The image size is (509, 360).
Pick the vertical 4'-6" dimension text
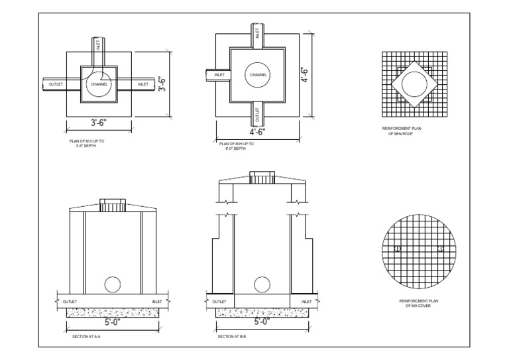[306, 74]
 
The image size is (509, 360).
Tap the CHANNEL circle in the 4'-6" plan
[258, 75]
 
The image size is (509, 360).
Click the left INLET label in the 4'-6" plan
[219, 75]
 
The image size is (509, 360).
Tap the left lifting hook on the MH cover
[396, 249]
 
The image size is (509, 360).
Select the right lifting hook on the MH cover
[440, 249]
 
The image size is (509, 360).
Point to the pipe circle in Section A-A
[113, 284]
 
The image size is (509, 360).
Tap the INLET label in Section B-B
[306, 301]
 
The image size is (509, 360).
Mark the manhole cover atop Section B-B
[260, 178]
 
